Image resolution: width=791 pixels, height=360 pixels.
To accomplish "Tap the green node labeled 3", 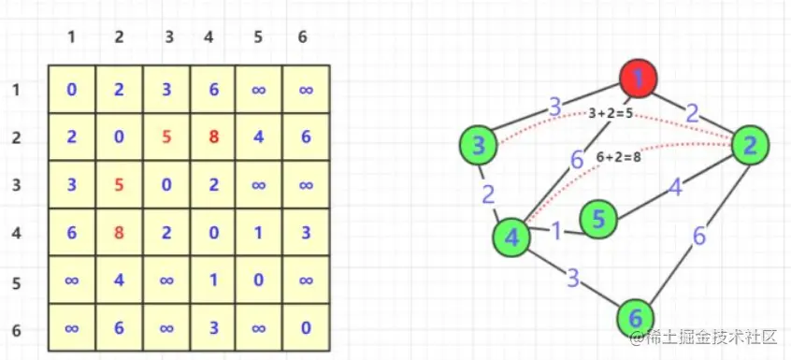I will (x=479, y=145).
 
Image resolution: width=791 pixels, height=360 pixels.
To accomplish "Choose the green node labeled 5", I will (x=598, y=219).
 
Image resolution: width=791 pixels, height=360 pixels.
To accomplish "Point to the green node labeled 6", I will (x=637, y=317).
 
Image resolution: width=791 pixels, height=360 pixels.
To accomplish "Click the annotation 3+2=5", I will (x=611, y=112).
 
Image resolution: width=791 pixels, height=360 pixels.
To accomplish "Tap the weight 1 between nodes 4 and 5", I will (x=556, y=230).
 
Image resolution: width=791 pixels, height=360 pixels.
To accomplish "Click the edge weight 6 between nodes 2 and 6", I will (x=699, y=235).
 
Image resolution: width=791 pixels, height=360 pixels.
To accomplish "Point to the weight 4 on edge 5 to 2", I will (x=673, y=187).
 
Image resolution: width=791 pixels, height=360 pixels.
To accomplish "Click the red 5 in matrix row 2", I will (x=166, y=137).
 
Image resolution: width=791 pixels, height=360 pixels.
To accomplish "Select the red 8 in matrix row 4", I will (x=119, y=232).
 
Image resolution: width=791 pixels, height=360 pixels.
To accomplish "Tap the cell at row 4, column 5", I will (x=258, y=232).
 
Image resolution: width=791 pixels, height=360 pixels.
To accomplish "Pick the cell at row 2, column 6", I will (x=307, y=137).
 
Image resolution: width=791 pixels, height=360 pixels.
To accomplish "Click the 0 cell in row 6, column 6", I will (x=307, y=327).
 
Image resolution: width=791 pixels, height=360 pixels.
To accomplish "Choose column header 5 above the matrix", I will (x=258, y=37).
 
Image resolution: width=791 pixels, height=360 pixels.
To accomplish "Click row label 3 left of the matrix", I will (x=15, y=184).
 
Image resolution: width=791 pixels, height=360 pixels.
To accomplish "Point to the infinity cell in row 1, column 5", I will (x=258, y=90).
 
